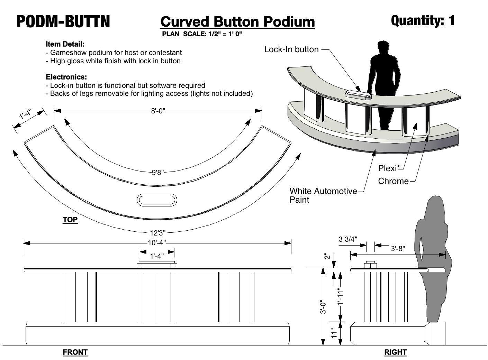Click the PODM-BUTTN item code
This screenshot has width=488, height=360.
click(63, 21)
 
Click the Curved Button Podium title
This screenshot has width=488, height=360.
click(237, 21)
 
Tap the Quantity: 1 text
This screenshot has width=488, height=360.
click(423, 21)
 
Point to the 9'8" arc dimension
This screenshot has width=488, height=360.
click(157, 172)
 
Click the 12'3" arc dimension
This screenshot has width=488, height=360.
click(158, 233)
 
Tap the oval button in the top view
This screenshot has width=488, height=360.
click(157, 200)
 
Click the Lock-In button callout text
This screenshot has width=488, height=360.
click(291, 49)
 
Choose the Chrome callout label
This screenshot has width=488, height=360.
click(393, 181)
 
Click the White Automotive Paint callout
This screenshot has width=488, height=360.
click(323, 195)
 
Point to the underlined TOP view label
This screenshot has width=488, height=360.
click(70, 220)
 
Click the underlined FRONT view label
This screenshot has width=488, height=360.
click(75, 352)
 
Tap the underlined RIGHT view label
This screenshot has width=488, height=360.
click(395, 352)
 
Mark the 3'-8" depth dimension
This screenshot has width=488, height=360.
click(398, 248)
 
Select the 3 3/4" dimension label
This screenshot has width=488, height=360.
click(348, 239)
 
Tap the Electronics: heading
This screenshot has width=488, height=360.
click(66, 77)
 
